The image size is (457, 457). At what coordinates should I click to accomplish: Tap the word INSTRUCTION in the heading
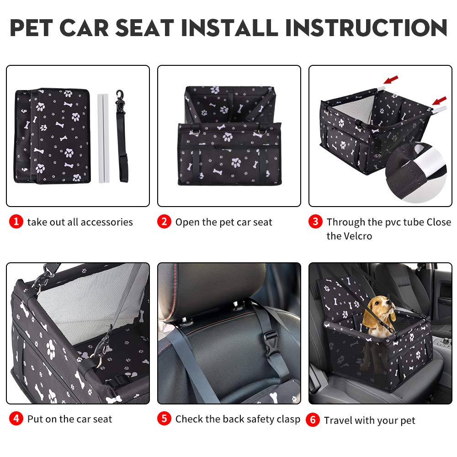(366, 28)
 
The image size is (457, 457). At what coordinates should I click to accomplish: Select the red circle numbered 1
(16, 222)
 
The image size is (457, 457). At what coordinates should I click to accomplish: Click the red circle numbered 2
(164, 222)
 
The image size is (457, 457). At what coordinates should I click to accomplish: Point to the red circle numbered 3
(315, 222)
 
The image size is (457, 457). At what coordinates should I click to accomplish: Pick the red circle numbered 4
(16, 419)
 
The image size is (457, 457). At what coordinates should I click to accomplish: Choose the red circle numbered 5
(164, 419)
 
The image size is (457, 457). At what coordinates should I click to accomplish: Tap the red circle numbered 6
(313, 420)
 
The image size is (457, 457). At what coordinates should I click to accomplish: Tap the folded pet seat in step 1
(53, 135)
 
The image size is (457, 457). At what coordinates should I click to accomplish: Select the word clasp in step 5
(288, 419)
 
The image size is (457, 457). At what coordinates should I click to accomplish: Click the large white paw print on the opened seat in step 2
(236, 162)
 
